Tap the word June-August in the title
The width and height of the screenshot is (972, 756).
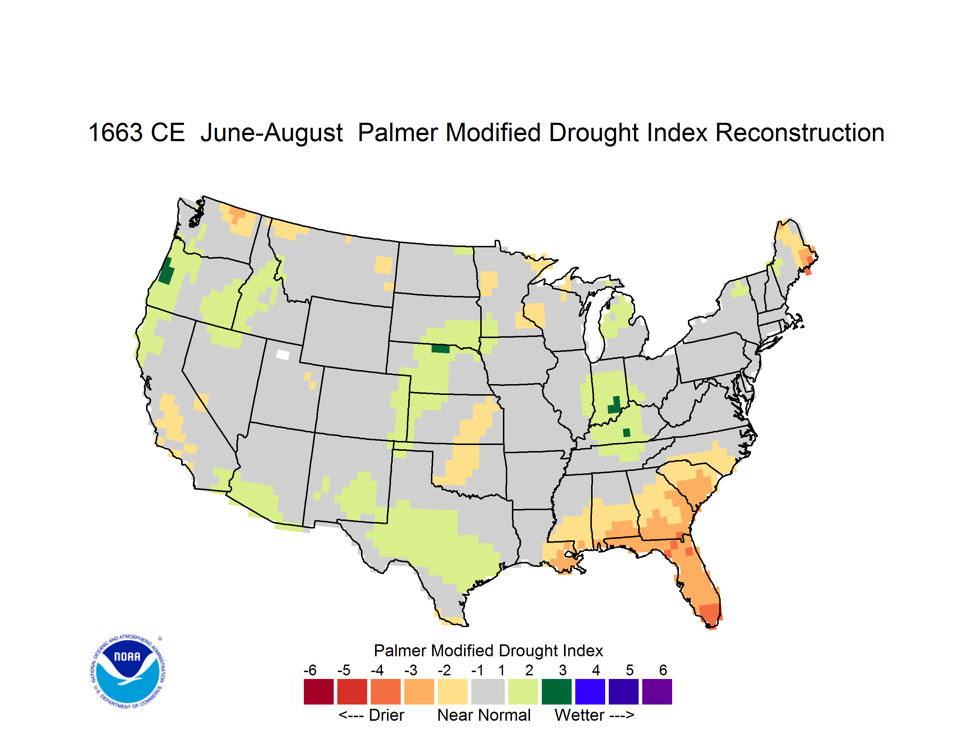(271, 132)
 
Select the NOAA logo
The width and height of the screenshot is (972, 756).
(128, 671)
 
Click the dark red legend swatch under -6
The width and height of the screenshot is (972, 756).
(318, 692)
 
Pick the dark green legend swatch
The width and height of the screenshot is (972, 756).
(556, 692)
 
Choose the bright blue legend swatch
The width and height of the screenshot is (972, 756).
(590, 692)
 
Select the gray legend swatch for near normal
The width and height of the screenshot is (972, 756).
(487, 692)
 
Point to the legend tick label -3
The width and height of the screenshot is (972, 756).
(410, 670)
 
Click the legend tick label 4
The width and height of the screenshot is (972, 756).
(596, 670)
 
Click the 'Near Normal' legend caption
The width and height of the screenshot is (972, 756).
(484, 715)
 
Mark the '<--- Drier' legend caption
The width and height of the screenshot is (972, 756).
(371, 715)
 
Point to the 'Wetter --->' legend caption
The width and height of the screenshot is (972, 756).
(594, 715)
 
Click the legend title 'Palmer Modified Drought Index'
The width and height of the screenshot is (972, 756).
(488, 651)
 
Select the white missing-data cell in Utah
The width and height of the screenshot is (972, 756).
(283, 355)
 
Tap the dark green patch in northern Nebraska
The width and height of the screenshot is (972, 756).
(441, 348)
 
